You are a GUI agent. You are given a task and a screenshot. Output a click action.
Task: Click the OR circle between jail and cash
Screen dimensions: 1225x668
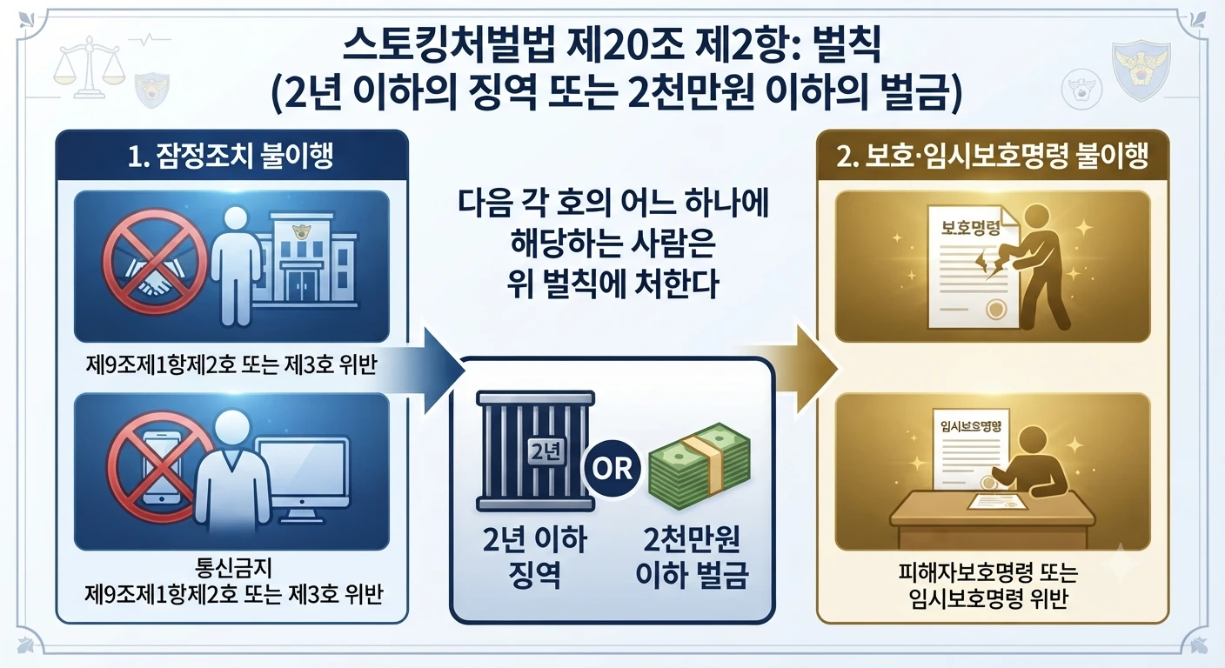tap(612, 469)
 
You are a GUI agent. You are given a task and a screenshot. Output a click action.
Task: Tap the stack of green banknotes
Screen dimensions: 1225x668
tap(700, 465)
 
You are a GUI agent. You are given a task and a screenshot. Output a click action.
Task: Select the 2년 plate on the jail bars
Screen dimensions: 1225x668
tap(546, 452)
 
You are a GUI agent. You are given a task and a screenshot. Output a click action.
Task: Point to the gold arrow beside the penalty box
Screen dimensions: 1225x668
tap(793, 369)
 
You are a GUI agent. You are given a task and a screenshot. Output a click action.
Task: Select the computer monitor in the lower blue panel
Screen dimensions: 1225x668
tap(304, 478)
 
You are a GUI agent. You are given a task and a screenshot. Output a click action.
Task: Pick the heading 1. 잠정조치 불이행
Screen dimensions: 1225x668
tap(231, 157)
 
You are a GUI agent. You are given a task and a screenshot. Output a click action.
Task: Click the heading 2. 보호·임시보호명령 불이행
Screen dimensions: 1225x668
tap(992, 157)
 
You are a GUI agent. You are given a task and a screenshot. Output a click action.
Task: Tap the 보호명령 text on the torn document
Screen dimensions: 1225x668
tap(970, 228)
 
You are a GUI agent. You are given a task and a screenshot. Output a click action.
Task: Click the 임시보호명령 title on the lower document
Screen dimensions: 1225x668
tap(970, 426)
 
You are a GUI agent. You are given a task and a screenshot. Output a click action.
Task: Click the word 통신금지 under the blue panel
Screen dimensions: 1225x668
tap(233, 568)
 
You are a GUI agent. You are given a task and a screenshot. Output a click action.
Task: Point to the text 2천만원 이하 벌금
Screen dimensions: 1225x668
tap(692, 557)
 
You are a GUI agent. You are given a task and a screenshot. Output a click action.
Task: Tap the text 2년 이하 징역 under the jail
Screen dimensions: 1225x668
tap(535, 557)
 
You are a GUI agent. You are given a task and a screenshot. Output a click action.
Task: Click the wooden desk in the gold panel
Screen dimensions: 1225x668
tap(993, 519)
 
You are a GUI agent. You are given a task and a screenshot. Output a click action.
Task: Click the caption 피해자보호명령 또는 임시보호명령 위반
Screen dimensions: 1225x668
tap(988, 585)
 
